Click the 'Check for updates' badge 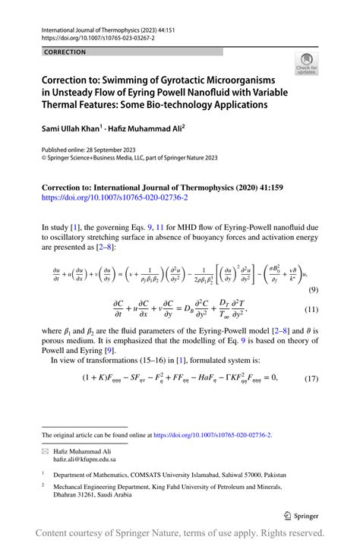coord(307,64)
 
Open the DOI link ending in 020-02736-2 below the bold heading coord(115,197)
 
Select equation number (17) coord(311,378)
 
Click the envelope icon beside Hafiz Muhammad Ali coord(46,451)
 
